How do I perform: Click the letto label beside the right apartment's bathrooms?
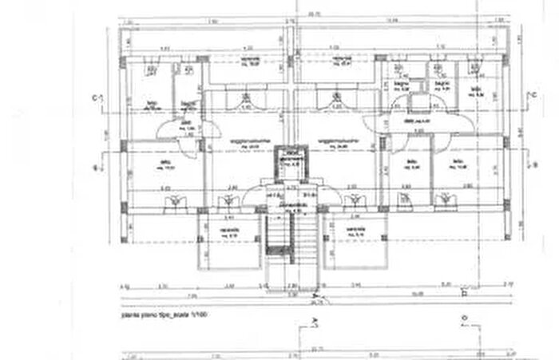pos(473,90)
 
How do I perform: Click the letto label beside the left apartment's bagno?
pos(152,105)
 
